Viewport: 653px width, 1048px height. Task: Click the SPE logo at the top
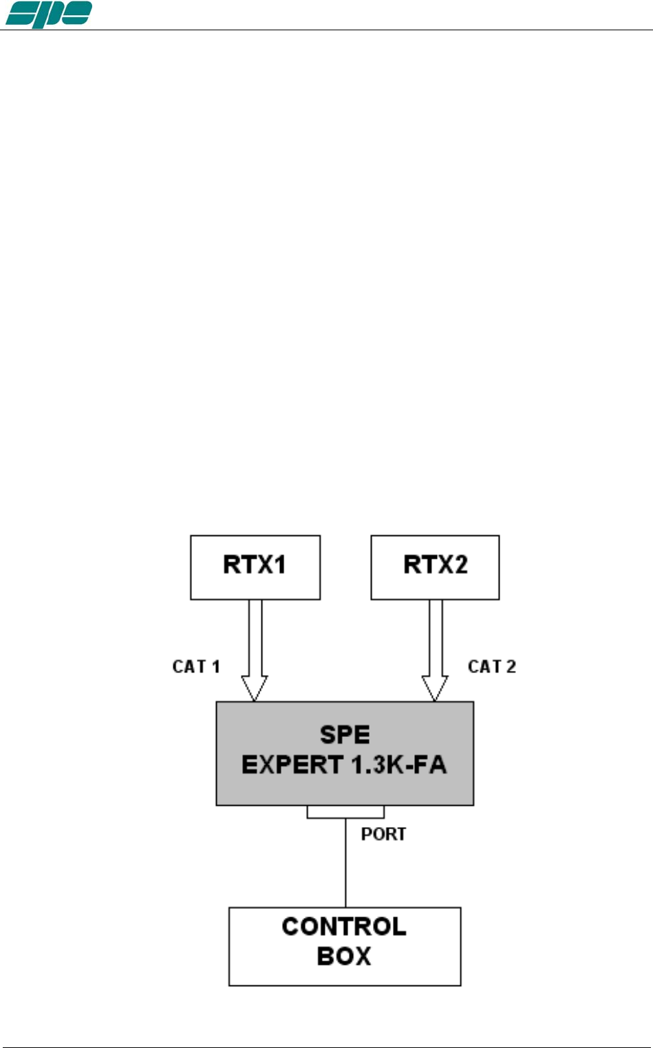(48, 14)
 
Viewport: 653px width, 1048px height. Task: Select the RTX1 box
(255, 567)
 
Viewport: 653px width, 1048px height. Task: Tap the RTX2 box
(435, 567)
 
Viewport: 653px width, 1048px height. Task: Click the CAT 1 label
(196, 666)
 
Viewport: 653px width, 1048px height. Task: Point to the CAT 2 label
(491, 666)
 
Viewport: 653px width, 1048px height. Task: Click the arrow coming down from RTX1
(255, 640)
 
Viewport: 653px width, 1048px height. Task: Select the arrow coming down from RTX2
(435, 640)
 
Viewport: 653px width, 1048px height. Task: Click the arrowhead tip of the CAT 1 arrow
(255, 699)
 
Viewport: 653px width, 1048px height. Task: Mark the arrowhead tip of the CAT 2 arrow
(435, 699)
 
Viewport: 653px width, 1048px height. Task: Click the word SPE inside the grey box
(345, 735)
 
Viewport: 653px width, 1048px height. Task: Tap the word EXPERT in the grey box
(292, 765)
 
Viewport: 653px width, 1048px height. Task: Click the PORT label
(383, 834)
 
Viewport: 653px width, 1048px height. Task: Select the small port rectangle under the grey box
(345, 812)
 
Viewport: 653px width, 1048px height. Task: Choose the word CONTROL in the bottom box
(344, 927)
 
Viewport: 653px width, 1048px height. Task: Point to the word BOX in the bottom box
(344, 956)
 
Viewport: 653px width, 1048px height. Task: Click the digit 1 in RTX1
(279, 565)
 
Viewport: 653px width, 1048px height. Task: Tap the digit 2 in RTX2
(459, 565)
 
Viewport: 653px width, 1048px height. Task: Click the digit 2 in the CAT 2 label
(511, 666)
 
